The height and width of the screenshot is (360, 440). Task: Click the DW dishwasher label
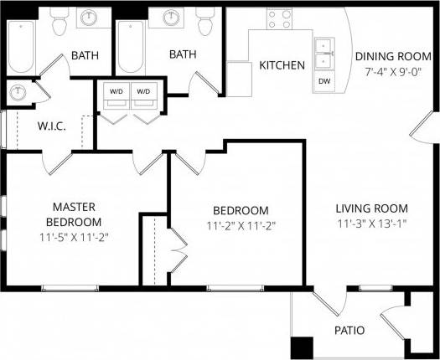324,82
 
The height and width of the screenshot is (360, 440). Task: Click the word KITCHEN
282,65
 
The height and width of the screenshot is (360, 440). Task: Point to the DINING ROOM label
393,57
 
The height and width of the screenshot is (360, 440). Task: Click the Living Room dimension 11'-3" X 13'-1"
371,224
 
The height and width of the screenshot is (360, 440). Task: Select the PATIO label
349,330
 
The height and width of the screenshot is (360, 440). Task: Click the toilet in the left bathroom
60,25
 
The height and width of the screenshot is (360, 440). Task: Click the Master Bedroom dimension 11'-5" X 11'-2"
74,237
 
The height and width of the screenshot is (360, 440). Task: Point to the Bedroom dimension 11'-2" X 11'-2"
241,225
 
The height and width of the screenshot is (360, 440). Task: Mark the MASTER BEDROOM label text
74,214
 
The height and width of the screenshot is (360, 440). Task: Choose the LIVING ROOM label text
371,208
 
